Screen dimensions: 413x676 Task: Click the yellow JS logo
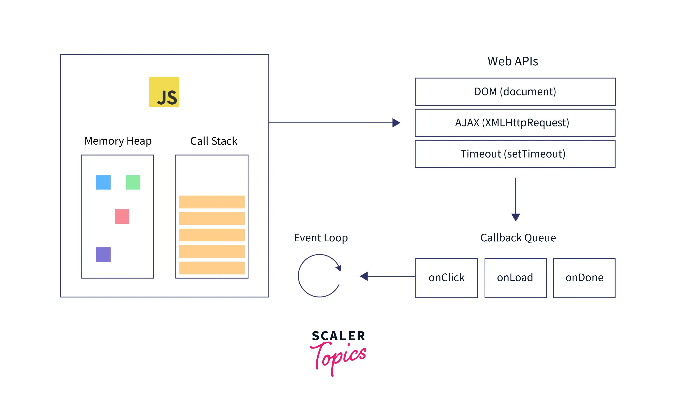[x=164, y=92]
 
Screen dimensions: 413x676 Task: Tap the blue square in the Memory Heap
[x=103, y=182]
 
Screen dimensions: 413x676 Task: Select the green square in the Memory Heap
[x=133, y=182]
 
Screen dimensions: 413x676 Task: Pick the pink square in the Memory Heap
[x=122, y=217]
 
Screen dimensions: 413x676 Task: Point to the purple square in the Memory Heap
[x=103, y=254]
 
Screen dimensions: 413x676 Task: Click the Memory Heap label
[x=118, y=141]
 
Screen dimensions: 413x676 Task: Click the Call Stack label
[x=214, y=141]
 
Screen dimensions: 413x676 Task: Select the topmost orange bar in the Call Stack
[x=212, y=202]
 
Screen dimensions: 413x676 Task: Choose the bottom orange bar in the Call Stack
[x=212, y=268]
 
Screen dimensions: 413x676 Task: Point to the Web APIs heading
[x=512, y=61]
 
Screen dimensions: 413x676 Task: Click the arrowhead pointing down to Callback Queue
[x=516, y=217]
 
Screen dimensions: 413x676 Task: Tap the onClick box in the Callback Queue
[x=446, y=278]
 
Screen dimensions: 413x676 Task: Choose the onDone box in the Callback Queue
[x=584, y=278]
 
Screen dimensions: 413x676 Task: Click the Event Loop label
[x=321, y=238]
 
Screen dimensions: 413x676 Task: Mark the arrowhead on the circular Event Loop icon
[x=339, y=268]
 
